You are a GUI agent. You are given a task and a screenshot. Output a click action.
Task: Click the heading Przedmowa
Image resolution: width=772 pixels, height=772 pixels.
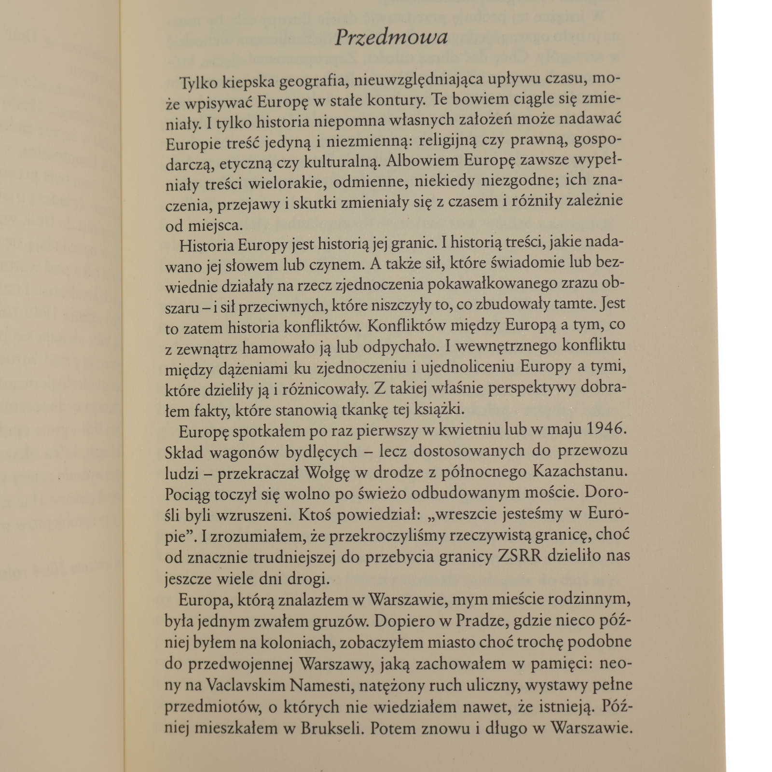[x=391, y=37]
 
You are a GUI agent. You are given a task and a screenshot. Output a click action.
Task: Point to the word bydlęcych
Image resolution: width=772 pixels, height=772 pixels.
[x=321, y=452]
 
